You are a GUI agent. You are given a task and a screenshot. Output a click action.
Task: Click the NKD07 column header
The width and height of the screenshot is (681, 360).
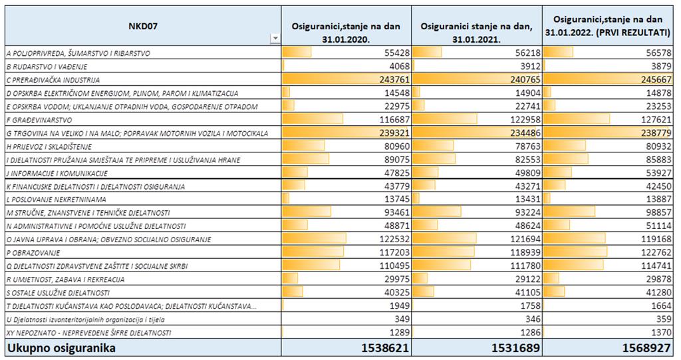142,26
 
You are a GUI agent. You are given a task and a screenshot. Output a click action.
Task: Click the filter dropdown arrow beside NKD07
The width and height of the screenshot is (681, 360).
275,39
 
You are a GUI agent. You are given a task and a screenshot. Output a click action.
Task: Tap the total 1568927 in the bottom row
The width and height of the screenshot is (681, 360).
646,348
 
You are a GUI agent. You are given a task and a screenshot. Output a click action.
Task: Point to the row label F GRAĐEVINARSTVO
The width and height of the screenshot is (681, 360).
39,120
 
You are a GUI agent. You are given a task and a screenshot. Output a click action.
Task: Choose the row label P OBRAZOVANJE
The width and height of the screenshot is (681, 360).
33,253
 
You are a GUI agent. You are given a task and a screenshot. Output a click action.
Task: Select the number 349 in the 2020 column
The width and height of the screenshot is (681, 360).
402,319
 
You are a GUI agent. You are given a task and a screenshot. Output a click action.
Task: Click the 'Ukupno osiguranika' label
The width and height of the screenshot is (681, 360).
61,348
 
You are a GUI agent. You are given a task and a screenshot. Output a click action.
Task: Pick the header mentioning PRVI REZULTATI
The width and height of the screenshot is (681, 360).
608,26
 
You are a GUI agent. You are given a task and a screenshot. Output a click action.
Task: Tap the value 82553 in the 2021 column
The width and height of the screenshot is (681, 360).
527,160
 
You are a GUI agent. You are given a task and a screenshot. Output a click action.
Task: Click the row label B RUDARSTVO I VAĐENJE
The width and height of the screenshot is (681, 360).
47,67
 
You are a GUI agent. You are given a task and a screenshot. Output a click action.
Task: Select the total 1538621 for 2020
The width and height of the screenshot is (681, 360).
385,348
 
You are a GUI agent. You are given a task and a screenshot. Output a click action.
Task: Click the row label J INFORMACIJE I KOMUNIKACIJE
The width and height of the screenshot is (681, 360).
57,174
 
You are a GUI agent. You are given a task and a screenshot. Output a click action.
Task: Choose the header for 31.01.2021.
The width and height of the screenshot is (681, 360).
476,33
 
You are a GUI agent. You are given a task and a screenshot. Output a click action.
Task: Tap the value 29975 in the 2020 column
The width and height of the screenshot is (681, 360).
397,279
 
